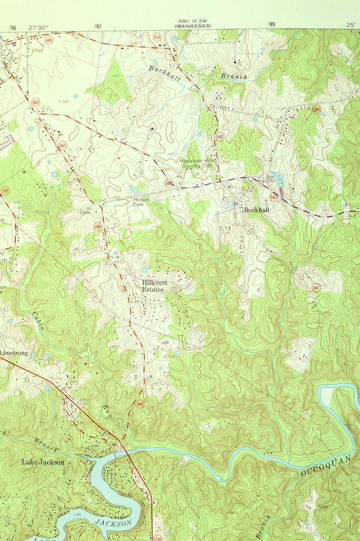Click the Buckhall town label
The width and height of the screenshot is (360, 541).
click(x=256, y=210)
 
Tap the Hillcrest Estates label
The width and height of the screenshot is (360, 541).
click(x=154, y=286)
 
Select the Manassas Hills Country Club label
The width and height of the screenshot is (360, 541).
click(x=198, y=164)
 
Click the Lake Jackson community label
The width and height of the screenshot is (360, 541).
click(x=43, y=462)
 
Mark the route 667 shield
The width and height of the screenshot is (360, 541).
click(x=63, y=145)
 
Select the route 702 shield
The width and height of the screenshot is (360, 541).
click(x=5, y=190)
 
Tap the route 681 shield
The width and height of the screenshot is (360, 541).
click(x=169, y=183)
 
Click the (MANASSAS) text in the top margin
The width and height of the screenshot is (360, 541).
click(x=193, y=26)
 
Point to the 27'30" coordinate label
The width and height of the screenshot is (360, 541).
click(x=38, y=28)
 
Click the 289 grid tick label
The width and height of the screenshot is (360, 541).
click(x=271, y=25)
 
